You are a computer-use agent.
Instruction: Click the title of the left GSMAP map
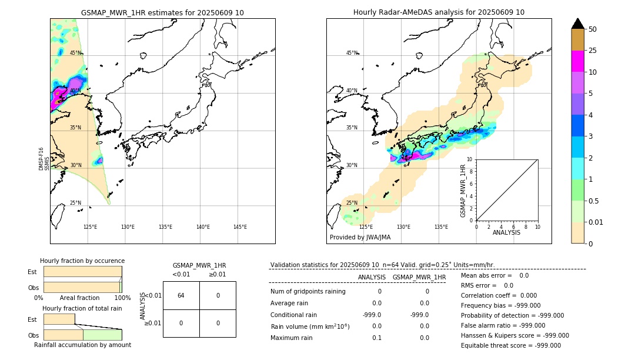(x=162, y=12)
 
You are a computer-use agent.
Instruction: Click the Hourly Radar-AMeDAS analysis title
(x=439, y=12)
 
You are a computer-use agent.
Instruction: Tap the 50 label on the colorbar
(x=593, y=29)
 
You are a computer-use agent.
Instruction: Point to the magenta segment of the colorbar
(x=578, y=61)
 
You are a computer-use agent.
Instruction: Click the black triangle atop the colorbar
(x=578, y=24)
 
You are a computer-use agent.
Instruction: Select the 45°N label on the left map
(x=76, y=53)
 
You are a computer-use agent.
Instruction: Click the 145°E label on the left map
(x=240, y=227)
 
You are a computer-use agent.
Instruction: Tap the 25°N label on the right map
(x=352, y=203)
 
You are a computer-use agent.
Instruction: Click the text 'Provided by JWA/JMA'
(x=360, y=238)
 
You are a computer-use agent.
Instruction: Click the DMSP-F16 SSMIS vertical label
(x=44, y=159)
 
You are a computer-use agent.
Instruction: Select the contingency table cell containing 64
(x=181, y=295)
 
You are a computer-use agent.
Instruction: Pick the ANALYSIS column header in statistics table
(x=372, y=277)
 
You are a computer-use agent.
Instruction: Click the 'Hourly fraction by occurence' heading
(x=82, y=261)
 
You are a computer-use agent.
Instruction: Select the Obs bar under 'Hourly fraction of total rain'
(x=82, y=335)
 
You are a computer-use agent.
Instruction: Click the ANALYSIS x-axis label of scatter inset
(x=506, y=232)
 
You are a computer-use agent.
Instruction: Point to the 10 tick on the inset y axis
(x=470, y=159)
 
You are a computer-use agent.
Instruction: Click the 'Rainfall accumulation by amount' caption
(x=82, y=345)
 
